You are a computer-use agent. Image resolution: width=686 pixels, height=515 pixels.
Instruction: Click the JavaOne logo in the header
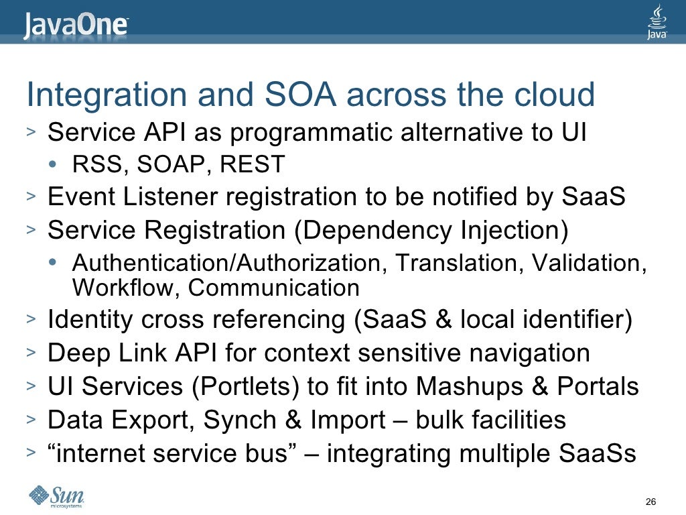tap(76, 25)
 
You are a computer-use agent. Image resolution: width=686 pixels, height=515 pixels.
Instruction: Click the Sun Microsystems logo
tap(56, 496)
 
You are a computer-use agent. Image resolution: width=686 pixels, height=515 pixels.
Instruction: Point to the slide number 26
tap(649, 502)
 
